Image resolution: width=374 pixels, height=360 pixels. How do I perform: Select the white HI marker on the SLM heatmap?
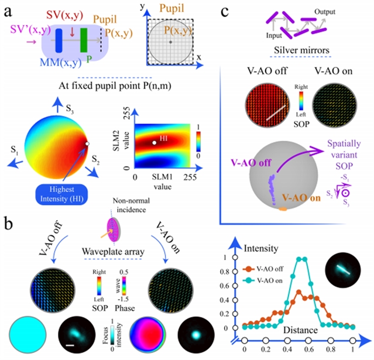pos(154,142)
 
